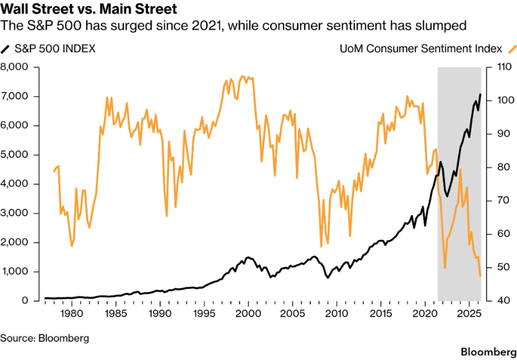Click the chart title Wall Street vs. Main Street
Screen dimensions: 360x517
(x=89, y=9)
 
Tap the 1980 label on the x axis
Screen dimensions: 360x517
(x=72, y=314)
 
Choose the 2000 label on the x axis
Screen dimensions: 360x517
(x=249, y=314)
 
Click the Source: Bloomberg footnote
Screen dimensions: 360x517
(x=45, y=338)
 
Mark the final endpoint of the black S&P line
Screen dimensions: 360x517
(x=480, y=95)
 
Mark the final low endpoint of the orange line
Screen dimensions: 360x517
(x=480, y=276)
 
